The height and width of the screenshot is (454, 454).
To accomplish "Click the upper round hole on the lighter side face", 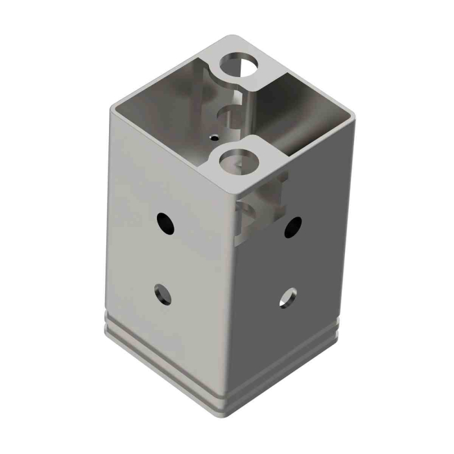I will [x=166, y=224].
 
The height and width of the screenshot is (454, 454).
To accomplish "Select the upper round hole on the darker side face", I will [x=293, y=226].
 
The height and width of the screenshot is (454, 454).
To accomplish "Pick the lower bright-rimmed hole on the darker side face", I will [x=288, y=298].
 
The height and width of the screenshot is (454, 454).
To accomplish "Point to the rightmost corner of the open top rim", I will [x=353, y=115].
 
